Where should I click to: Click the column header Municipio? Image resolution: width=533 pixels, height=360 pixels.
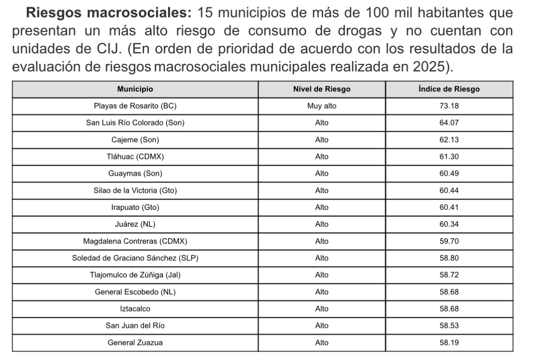135,89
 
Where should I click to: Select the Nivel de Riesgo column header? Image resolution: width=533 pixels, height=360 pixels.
322,89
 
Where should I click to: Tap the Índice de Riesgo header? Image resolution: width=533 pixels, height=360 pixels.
449,89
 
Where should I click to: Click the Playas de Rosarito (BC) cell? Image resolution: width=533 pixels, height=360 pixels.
135,106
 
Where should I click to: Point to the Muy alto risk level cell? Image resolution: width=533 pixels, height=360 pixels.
322,106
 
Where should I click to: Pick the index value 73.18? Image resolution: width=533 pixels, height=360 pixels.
449,106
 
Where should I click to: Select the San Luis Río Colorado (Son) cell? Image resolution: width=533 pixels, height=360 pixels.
135,123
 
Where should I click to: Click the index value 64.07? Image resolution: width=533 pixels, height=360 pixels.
449,123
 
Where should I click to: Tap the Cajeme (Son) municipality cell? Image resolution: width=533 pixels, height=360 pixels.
135,140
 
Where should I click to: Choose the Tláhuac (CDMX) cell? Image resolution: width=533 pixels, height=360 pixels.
135,157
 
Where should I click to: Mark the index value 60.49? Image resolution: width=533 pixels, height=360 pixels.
449,173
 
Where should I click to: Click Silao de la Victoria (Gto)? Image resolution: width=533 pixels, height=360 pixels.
135,190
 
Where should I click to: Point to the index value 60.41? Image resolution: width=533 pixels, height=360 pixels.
449,207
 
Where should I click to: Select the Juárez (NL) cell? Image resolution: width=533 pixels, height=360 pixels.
135,224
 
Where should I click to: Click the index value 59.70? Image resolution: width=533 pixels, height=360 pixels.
449,241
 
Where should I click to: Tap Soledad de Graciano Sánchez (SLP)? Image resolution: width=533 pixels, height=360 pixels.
135,258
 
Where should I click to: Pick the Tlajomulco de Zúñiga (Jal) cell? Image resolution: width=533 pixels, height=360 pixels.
135,275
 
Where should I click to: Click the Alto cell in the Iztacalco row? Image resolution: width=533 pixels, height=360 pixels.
322,309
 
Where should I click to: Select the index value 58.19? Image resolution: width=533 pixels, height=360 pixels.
449,342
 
